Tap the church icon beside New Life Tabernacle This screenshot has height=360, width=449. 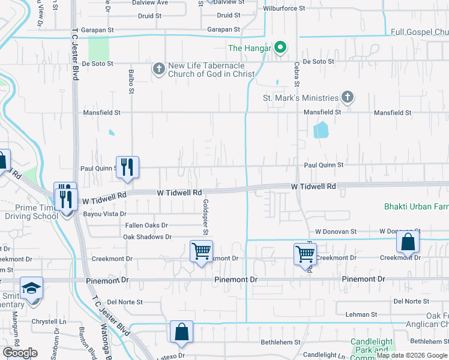pyautogui.click(x=158, y=69)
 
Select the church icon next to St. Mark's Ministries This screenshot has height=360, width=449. pyautogui.click(x=347, y=97)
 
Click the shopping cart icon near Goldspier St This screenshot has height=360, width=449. pyautogui.click(x=201, y=251)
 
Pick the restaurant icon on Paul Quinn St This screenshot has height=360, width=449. pyautogui.click(x=127, y=166)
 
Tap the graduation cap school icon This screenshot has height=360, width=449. pyautogui.click(x=31, y=288)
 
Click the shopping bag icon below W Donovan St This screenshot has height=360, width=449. pyautogui.click(x=408, y=242)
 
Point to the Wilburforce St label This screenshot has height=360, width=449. pyautogui.click(x=285, y=9)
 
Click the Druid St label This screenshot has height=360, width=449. pyautogui.click(x=228, y=16)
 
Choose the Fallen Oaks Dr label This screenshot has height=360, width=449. pyautogui.click(x=146, y=225)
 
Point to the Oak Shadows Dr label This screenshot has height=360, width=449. pyautogui.click(x=147, y=237)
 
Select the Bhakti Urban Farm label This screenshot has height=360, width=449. pyautogui.click(x=417, y=207)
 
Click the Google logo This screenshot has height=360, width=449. pyautogui.click(x=20, y=353)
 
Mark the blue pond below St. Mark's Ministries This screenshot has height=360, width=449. pyautogui.click(x=321, y=130)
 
